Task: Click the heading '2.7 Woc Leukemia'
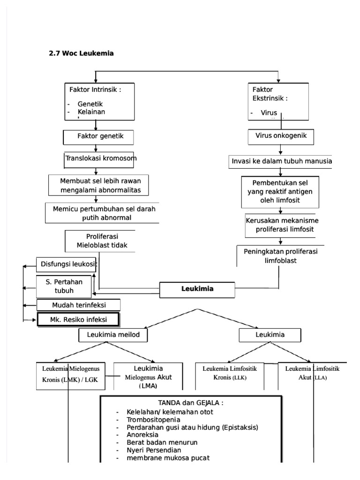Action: [82, 53]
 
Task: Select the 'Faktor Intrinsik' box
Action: [96, 101]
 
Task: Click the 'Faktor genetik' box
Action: [99, 137]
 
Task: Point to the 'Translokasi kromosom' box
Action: [100, 159]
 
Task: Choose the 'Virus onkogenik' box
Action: [281, 136]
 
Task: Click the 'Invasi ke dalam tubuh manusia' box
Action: [281, 161]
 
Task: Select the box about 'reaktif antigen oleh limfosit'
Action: [280, 192]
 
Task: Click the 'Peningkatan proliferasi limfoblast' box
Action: [280, 255]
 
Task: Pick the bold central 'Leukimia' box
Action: [197, 289]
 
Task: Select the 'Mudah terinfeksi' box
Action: [79, 305]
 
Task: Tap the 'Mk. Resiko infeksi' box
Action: [78, 320]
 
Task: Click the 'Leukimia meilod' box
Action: [113, 335]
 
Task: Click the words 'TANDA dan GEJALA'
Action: [190, 403]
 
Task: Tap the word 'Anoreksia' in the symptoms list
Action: [142, 435]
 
